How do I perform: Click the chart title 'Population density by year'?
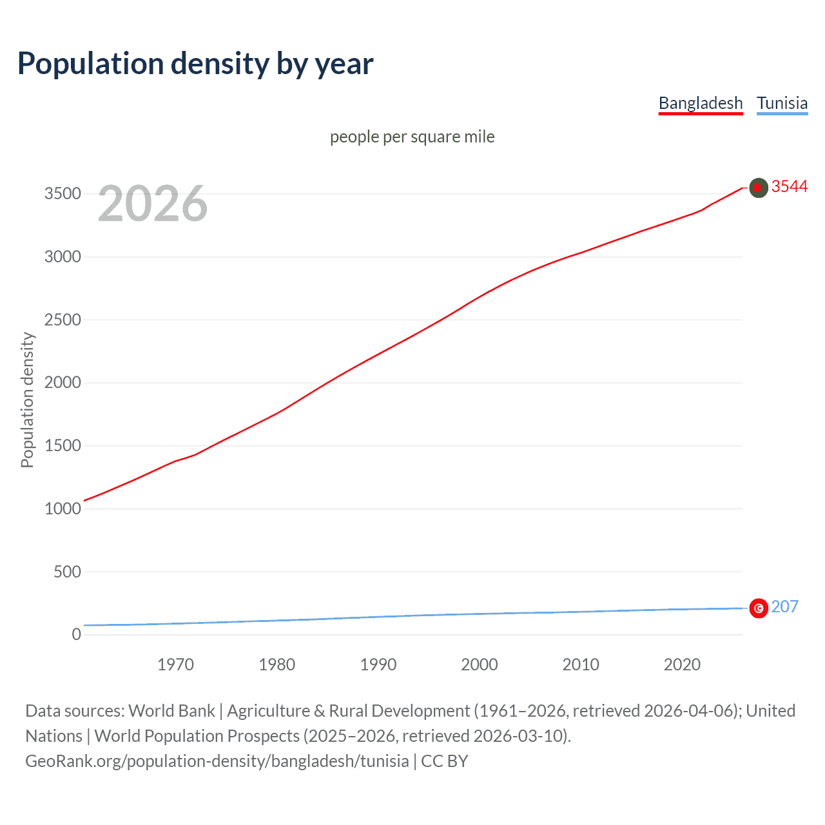point(195,63)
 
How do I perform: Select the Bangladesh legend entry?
point(701,103)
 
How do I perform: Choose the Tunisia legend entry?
point(782,103)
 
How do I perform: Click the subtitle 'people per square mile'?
point(412,137)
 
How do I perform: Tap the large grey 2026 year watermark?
point(153,204)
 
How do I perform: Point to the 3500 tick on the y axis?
point(63,194)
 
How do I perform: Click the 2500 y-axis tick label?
point(63,320)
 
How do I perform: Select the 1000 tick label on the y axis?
point(63,509)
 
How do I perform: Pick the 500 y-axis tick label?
point(67,572)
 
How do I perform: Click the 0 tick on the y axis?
point(77,634)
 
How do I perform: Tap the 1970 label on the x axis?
point(175,665)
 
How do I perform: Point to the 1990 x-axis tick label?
point(378,665)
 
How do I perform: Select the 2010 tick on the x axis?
point(581,665)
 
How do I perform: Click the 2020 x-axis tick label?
point(682,665)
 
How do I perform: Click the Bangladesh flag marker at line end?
point(759,188)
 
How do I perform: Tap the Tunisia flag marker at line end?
point(759,608)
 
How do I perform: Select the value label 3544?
point(789,186)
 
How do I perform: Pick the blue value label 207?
point(784,607)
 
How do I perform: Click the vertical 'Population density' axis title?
point(27,400)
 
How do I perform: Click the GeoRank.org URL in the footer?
point(217,761)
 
